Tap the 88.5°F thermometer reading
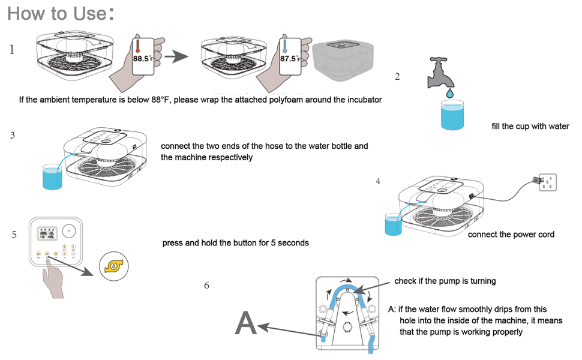pyautogui.click(x=143, y=59)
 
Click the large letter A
pyautogui.click(x=246, y=324)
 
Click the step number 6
pyautogui.click(x=207, y=286)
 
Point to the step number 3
pyautogui.click(x=13, y=135)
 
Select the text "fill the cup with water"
pyautogui.click(x=530, y=127)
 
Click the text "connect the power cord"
pyautogui.click(x=511, y=234)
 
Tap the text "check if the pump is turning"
pyautogui.click(x=445, y=281)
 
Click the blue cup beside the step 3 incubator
pyautogui.click(x=52, y=178)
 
